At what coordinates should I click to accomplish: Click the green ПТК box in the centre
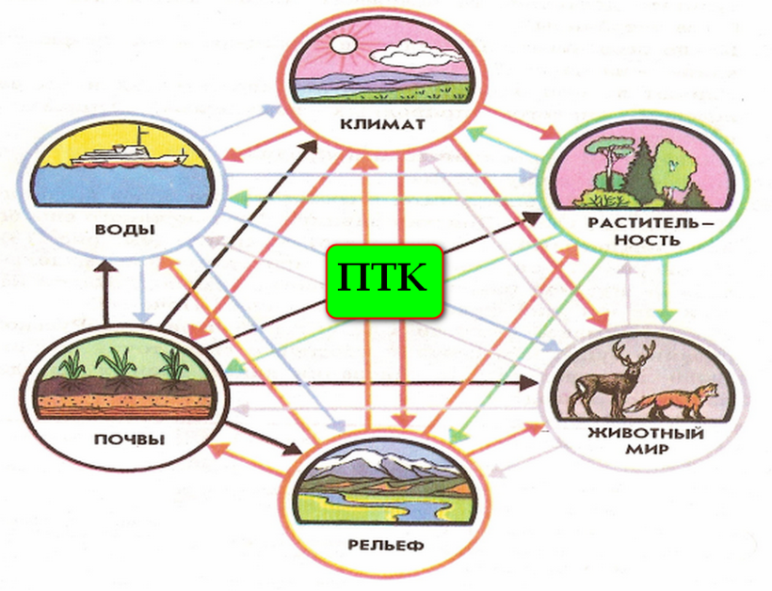(384, 279)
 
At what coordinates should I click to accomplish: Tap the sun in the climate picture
(343, 44)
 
